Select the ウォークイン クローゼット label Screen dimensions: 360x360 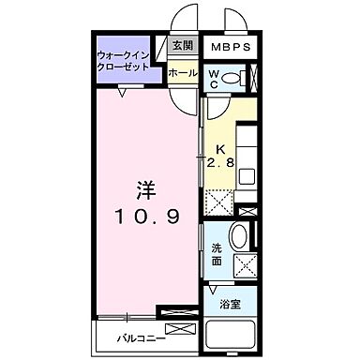coord(129,63)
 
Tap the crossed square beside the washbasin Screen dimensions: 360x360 coord(247,264)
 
